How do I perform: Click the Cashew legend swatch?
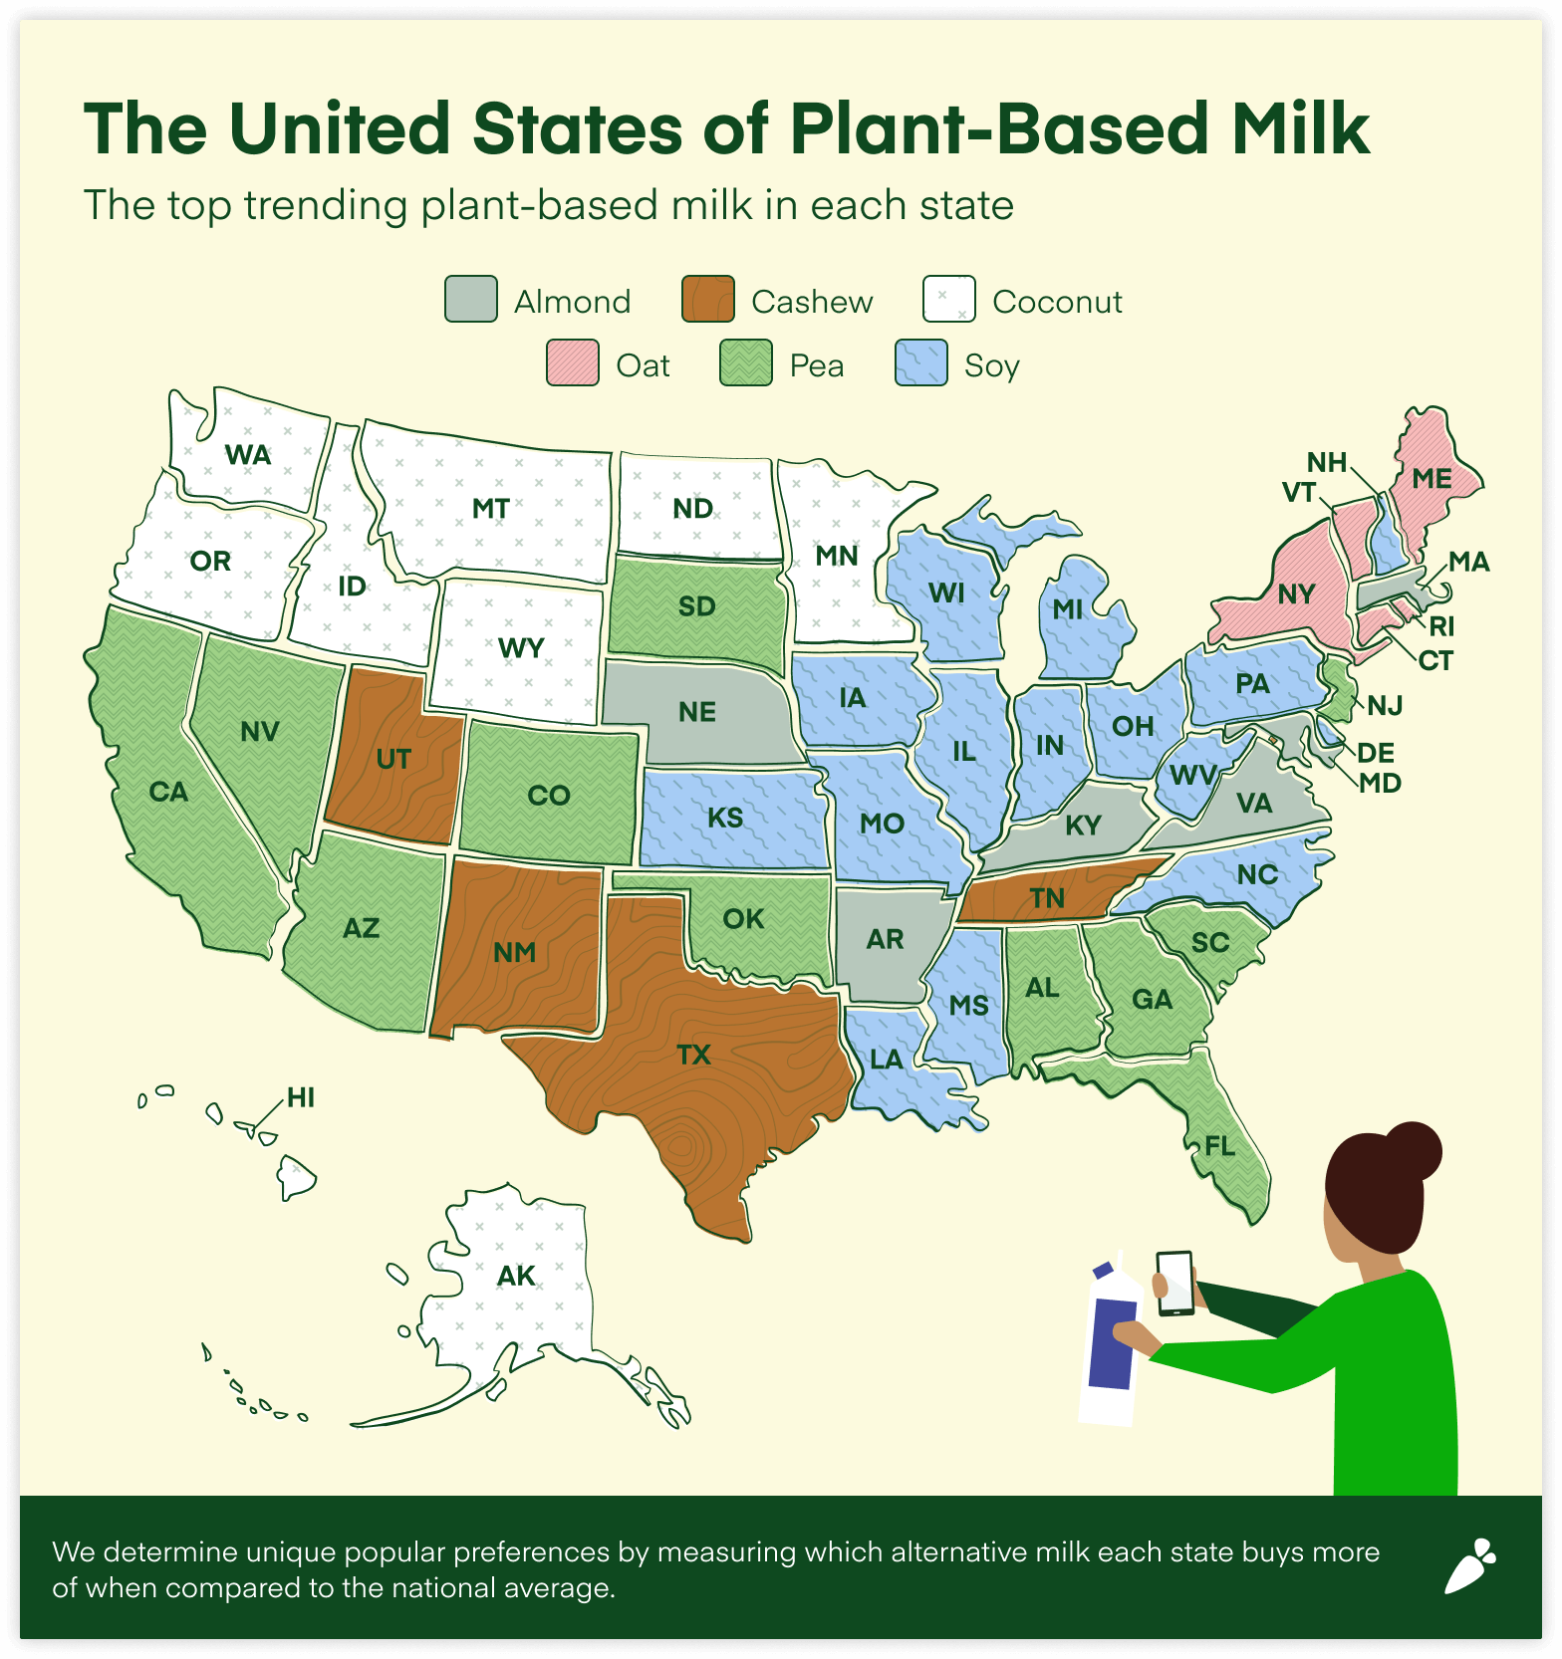tap(707, 300)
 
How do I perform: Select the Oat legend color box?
tap(573, 363)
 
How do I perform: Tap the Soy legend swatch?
tap(920, 363)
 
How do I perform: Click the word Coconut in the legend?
tap(1057, 302)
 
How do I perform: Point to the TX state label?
tap(693, 1055)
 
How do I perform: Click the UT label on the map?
tap(393, 760)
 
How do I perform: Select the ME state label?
tap(1432, 479)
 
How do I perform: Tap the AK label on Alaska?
tap(516, 1276)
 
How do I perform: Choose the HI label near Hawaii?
tap(301, 1098)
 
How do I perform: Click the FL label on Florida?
tap(1219, 1146)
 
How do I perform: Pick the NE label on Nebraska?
tap(697, 712)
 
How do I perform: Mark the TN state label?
tap(1047, 898)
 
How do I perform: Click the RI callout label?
tap(1441, 626)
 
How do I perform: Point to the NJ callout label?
tap(1385, 706)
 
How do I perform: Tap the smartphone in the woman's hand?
tap(1174, 1283)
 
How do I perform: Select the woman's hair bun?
tap(1412, 1151)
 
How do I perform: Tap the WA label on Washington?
tap(248, 455)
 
